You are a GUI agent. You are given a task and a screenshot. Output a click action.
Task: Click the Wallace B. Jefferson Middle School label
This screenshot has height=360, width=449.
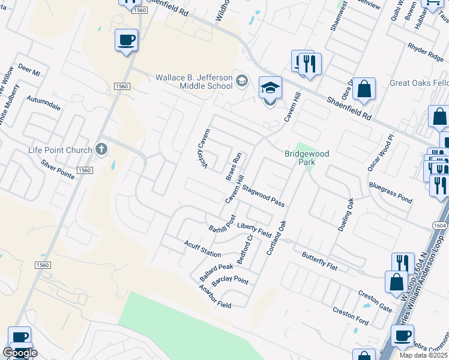pos(193,82)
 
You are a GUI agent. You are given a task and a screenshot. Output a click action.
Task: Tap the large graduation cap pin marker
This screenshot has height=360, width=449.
pos(270,89)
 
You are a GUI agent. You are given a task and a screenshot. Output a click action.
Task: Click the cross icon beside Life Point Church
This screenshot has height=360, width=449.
pos(102,149)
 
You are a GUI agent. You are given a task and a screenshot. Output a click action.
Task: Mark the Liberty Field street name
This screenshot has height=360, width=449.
pos(255,227)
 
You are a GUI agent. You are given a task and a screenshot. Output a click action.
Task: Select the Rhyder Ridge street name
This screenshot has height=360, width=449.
pos(425,52)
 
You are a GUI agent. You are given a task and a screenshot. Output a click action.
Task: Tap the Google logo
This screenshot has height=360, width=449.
pos(20,353)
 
